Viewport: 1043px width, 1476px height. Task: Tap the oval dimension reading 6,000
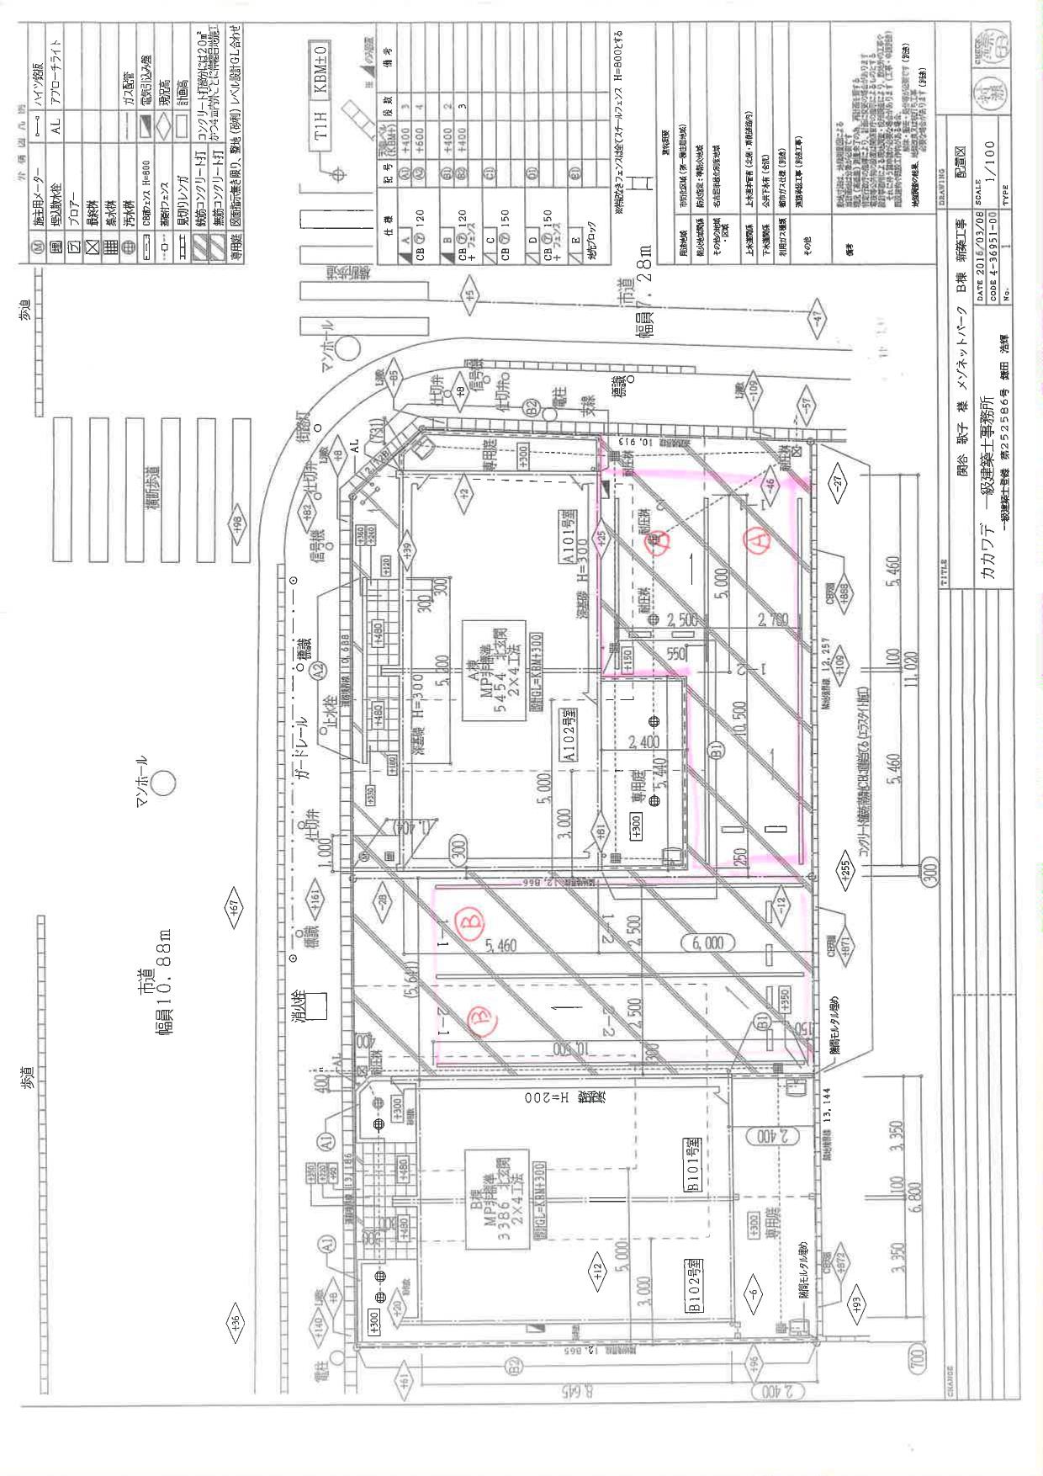pyautogui.click(x=707, y=943)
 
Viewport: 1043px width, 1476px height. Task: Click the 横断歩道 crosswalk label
pyautogui.click(x=154, y=487)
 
